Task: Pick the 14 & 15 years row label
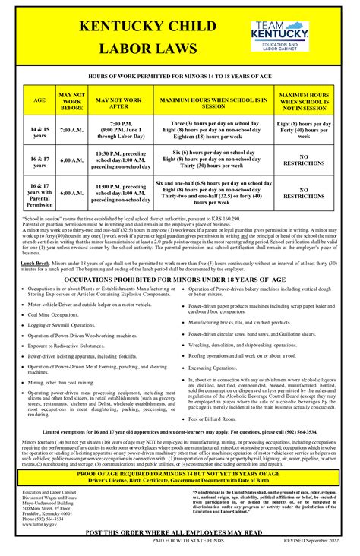(39, 130)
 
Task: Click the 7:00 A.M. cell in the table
(71, 130)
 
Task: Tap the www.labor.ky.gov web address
(44, 523)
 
